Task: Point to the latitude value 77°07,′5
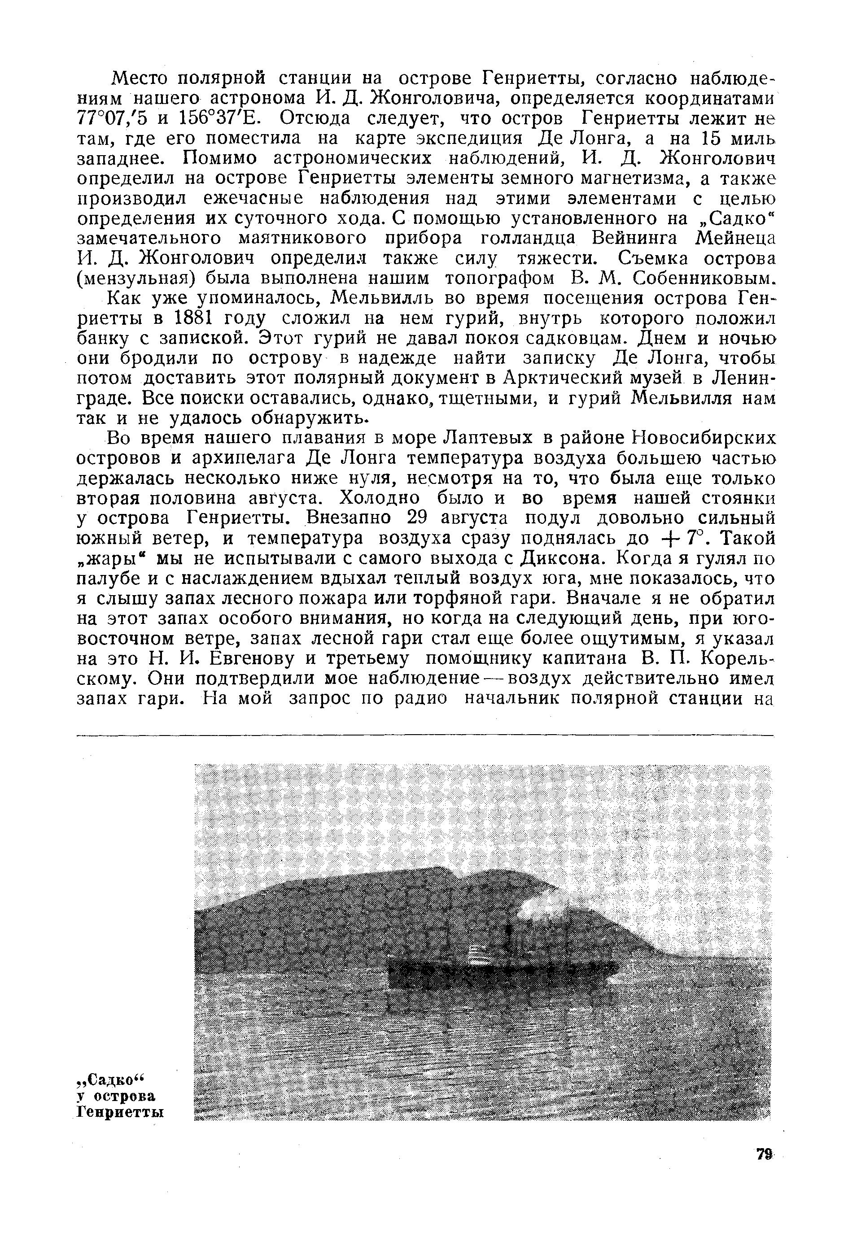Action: (x=113, y=118)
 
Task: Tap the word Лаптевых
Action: (x=488, y=439)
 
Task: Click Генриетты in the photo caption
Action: (x=119, y=1112)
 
